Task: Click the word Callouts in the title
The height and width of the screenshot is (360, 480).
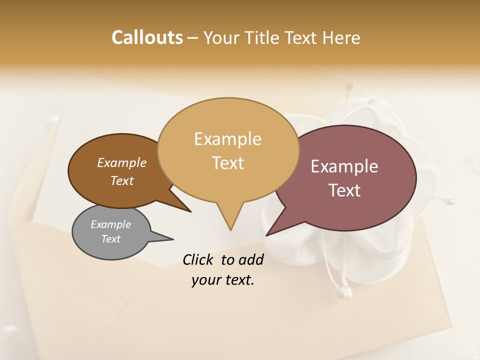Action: pyautogui.click(x=147, y=37)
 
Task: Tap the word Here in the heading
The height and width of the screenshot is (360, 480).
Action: pyautogui.click(x=340, y=37)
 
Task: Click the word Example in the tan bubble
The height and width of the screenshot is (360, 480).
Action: pyautogui.click(x=227, y=139)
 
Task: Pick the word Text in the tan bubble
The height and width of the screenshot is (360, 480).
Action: pyautogui.click(x=227, y=163)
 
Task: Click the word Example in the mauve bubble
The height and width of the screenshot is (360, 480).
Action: pyautogui.click(x=344, y=166)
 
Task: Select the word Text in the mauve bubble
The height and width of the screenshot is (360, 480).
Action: pyautogui.click(x=344, y=190)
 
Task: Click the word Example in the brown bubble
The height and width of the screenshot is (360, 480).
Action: pyautogui.click(x=122, y=163)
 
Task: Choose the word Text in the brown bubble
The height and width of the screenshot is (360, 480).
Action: pyautogui.click(x=122, y=180)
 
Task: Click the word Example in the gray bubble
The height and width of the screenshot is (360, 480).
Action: pyautogui.click(x=110, y=224)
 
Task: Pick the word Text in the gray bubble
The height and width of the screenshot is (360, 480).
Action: pyautogui.click(x=110, y=239)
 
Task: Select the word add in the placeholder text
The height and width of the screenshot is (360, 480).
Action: pyautogui.click(x=250, y=259)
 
